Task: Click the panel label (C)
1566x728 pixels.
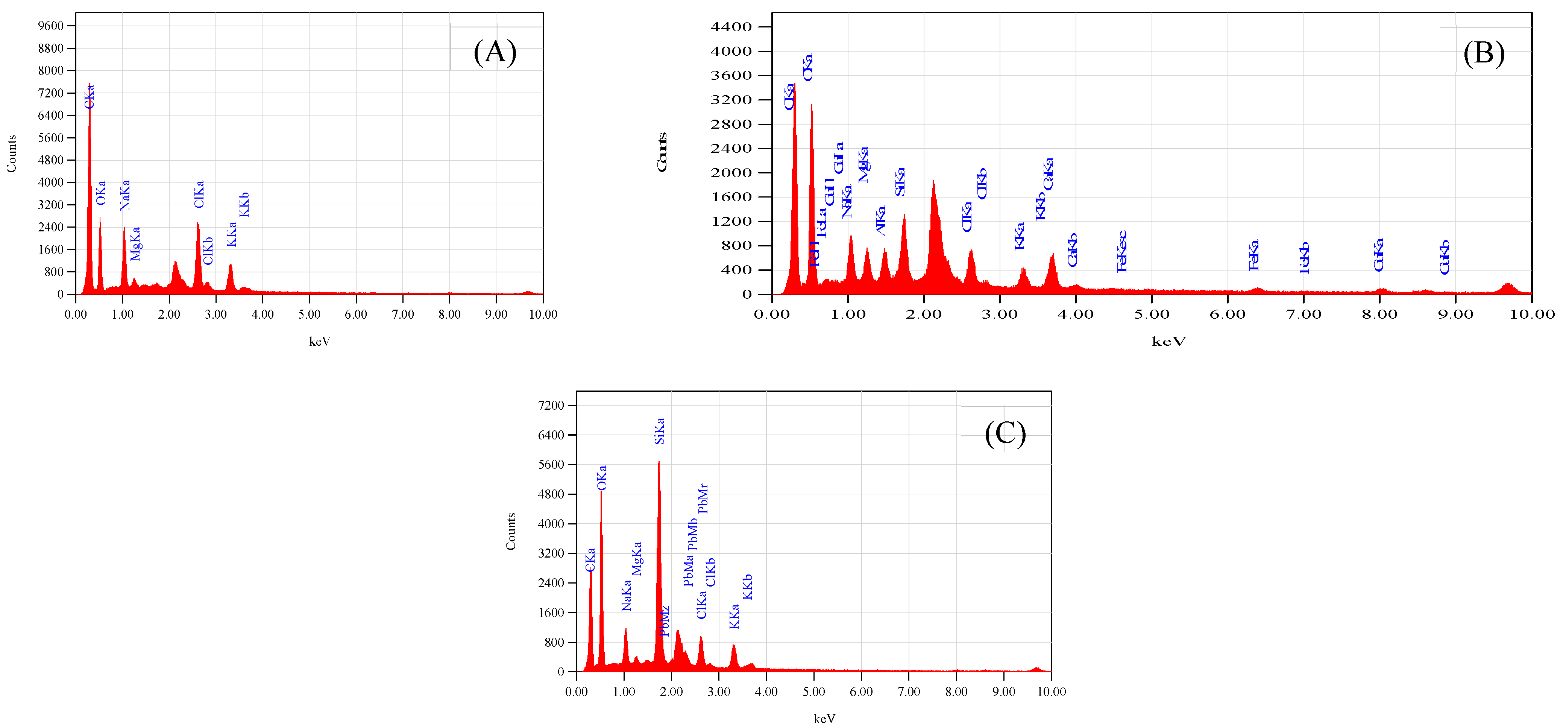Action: [1005, 434]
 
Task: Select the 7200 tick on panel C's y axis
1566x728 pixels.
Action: [551, 406]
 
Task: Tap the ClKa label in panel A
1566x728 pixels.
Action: [199, 194]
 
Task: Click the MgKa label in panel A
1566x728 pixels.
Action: [135, 243]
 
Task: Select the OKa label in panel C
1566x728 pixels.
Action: [602, 478]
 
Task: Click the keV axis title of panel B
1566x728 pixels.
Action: [1168, 341]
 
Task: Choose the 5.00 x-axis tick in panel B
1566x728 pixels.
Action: [1152, 315]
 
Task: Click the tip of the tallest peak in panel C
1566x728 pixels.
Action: [659, 462]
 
